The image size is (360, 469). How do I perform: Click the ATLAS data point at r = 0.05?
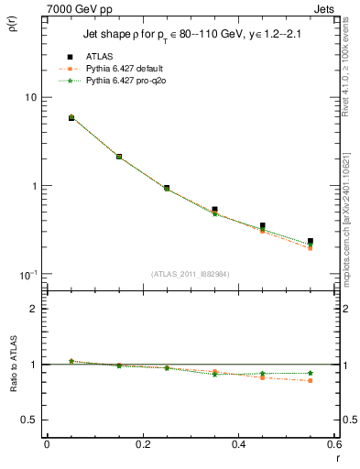pos(71,117)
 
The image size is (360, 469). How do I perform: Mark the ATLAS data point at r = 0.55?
pos(311,242)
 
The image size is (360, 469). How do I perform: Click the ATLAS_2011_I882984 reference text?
pos(190,274)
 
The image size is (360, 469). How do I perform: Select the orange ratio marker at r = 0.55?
pos(311,380)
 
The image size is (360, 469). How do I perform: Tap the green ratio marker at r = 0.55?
pos(311,373)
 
